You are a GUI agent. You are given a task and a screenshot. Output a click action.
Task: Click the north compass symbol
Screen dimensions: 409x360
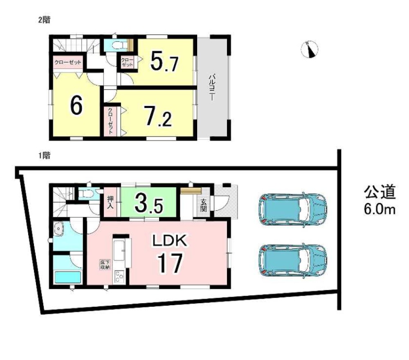point(310,49)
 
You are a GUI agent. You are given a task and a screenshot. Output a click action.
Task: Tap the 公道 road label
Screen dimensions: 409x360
point(380,192)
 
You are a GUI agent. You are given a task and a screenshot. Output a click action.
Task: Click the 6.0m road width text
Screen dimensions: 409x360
point(380,209)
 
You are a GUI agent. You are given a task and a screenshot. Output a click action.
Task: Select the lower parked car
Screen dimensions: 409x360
point(293,261)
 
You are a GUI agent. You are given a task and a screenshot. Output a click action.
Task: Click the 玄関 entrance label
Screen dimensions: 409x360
point(203,205)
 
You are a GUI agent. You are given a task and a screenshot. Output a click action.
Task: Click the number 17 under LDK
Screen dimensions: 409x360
point(170,263)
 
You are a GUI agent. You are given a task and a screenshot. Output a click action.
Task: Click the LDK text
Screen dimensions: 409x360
point(170,241)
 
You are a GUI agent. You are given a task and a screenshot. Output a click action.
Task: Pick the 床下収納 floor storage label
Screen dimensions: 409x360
point(104,264)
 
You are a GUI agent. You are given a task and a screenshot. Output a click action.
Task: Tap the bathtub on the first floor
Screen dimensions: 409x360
point(67,277)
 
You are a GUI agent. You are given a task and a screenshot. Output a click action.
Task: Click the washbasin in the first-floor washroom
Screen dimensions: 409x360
point(59,229)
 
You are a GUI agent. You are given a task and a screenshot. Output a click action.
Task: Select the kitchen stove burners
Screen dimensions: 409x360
point(119,277)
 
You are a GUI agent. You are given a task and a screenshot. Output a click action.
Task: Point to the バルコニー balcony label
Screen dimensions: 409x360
point(212,88)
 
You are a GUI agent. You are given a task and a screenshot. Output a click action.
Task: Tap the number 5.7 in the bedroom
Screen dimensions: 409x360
point(164,61)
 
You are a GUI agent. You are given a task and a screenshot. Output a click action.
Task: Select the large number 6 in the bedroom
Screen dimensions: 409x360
point(76,105)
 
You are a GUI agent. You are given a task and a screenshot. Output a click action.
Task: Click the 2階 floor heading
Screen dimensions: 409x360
point(44,20)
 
